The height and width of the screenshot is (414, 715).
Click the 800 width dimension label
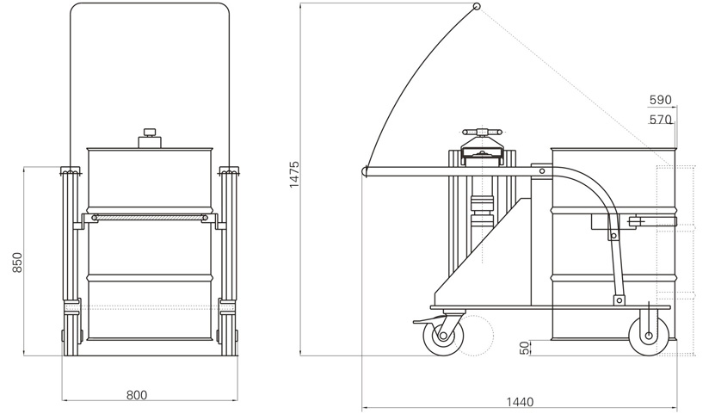click(136, 395)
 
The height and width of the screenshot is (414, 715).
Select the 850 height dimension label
click(17, 263)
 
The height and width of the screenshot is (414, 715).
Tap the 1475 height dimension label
click(294, 174)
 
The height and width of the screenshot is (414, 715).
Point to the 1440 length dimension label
click(520, 402)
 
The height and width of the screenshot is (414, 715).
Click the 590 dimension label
click(661, 100)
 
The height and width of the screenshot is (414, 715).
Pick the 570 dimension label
click(661, 120)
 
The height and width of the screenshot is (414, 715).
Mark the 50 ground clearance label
click(526, 348)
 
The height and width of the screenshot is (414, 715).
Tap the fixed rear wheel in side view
click(649, 336)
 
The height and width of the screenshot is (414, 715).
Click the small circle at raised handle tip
click(477, 6)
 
